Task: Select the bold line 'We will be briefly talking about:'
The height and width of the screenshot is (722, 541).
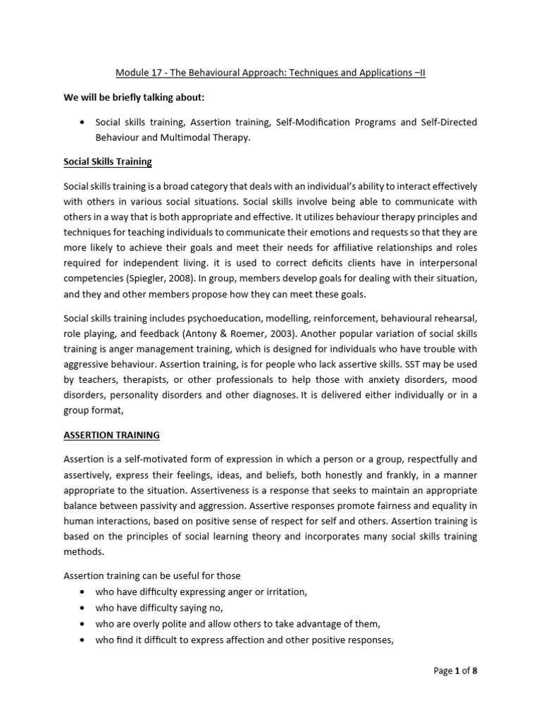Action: click(135, 97)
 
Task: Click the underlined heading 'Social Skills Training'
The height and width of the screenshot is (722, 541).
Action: click(107, 161)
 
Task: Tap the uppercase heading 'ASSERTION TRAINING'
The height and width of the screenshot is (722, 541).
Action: click(111, 435)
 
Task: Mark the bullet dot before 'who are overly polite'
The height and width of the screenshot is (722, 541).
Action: click(84, 623)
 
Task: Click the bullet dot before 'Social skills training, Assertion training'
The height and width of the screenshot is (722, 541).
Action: click(84, 122)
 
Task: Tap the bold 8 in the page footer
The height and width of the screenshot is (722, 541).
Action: click(475, 671)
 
